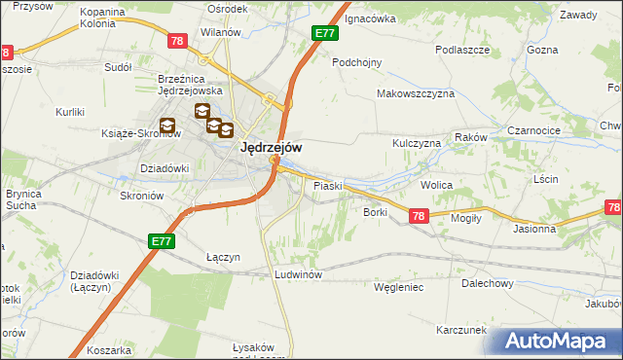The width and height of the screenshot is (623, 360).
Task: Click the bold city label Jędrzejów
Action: click(x=270, y=147)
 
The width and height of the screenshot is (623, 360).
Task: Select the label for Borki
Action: click(x=376, y=211)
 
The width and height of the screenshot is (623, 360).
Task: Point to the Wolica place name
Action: click(x=437, y=184)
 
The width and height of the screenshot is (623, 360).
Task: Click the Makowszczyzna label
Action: click(x=417, y=93)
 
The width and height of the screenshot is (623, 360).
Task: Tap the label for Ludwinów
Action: click(x=299, y=274)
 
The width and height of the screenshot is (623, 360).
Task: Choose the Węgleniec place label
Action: click(x=398, y=287)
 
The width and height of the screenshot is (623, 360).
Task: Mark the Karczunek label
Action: click(x=461, y=330)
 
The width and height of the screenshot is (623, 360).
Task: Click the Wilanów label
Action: click(x=220, y=32)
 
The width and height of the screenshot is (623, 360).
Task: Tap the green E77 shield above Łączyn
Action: click(x=162, y=240)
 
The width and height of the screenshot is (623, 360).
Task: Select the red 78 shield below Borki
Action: click(x=418, y=217)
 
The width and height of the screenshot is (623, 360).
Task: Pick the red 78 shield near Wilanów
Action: click(x=176, y=41)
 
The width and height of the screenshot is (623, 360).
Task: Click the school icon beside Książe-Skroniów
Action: click(x=167, y=126)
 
